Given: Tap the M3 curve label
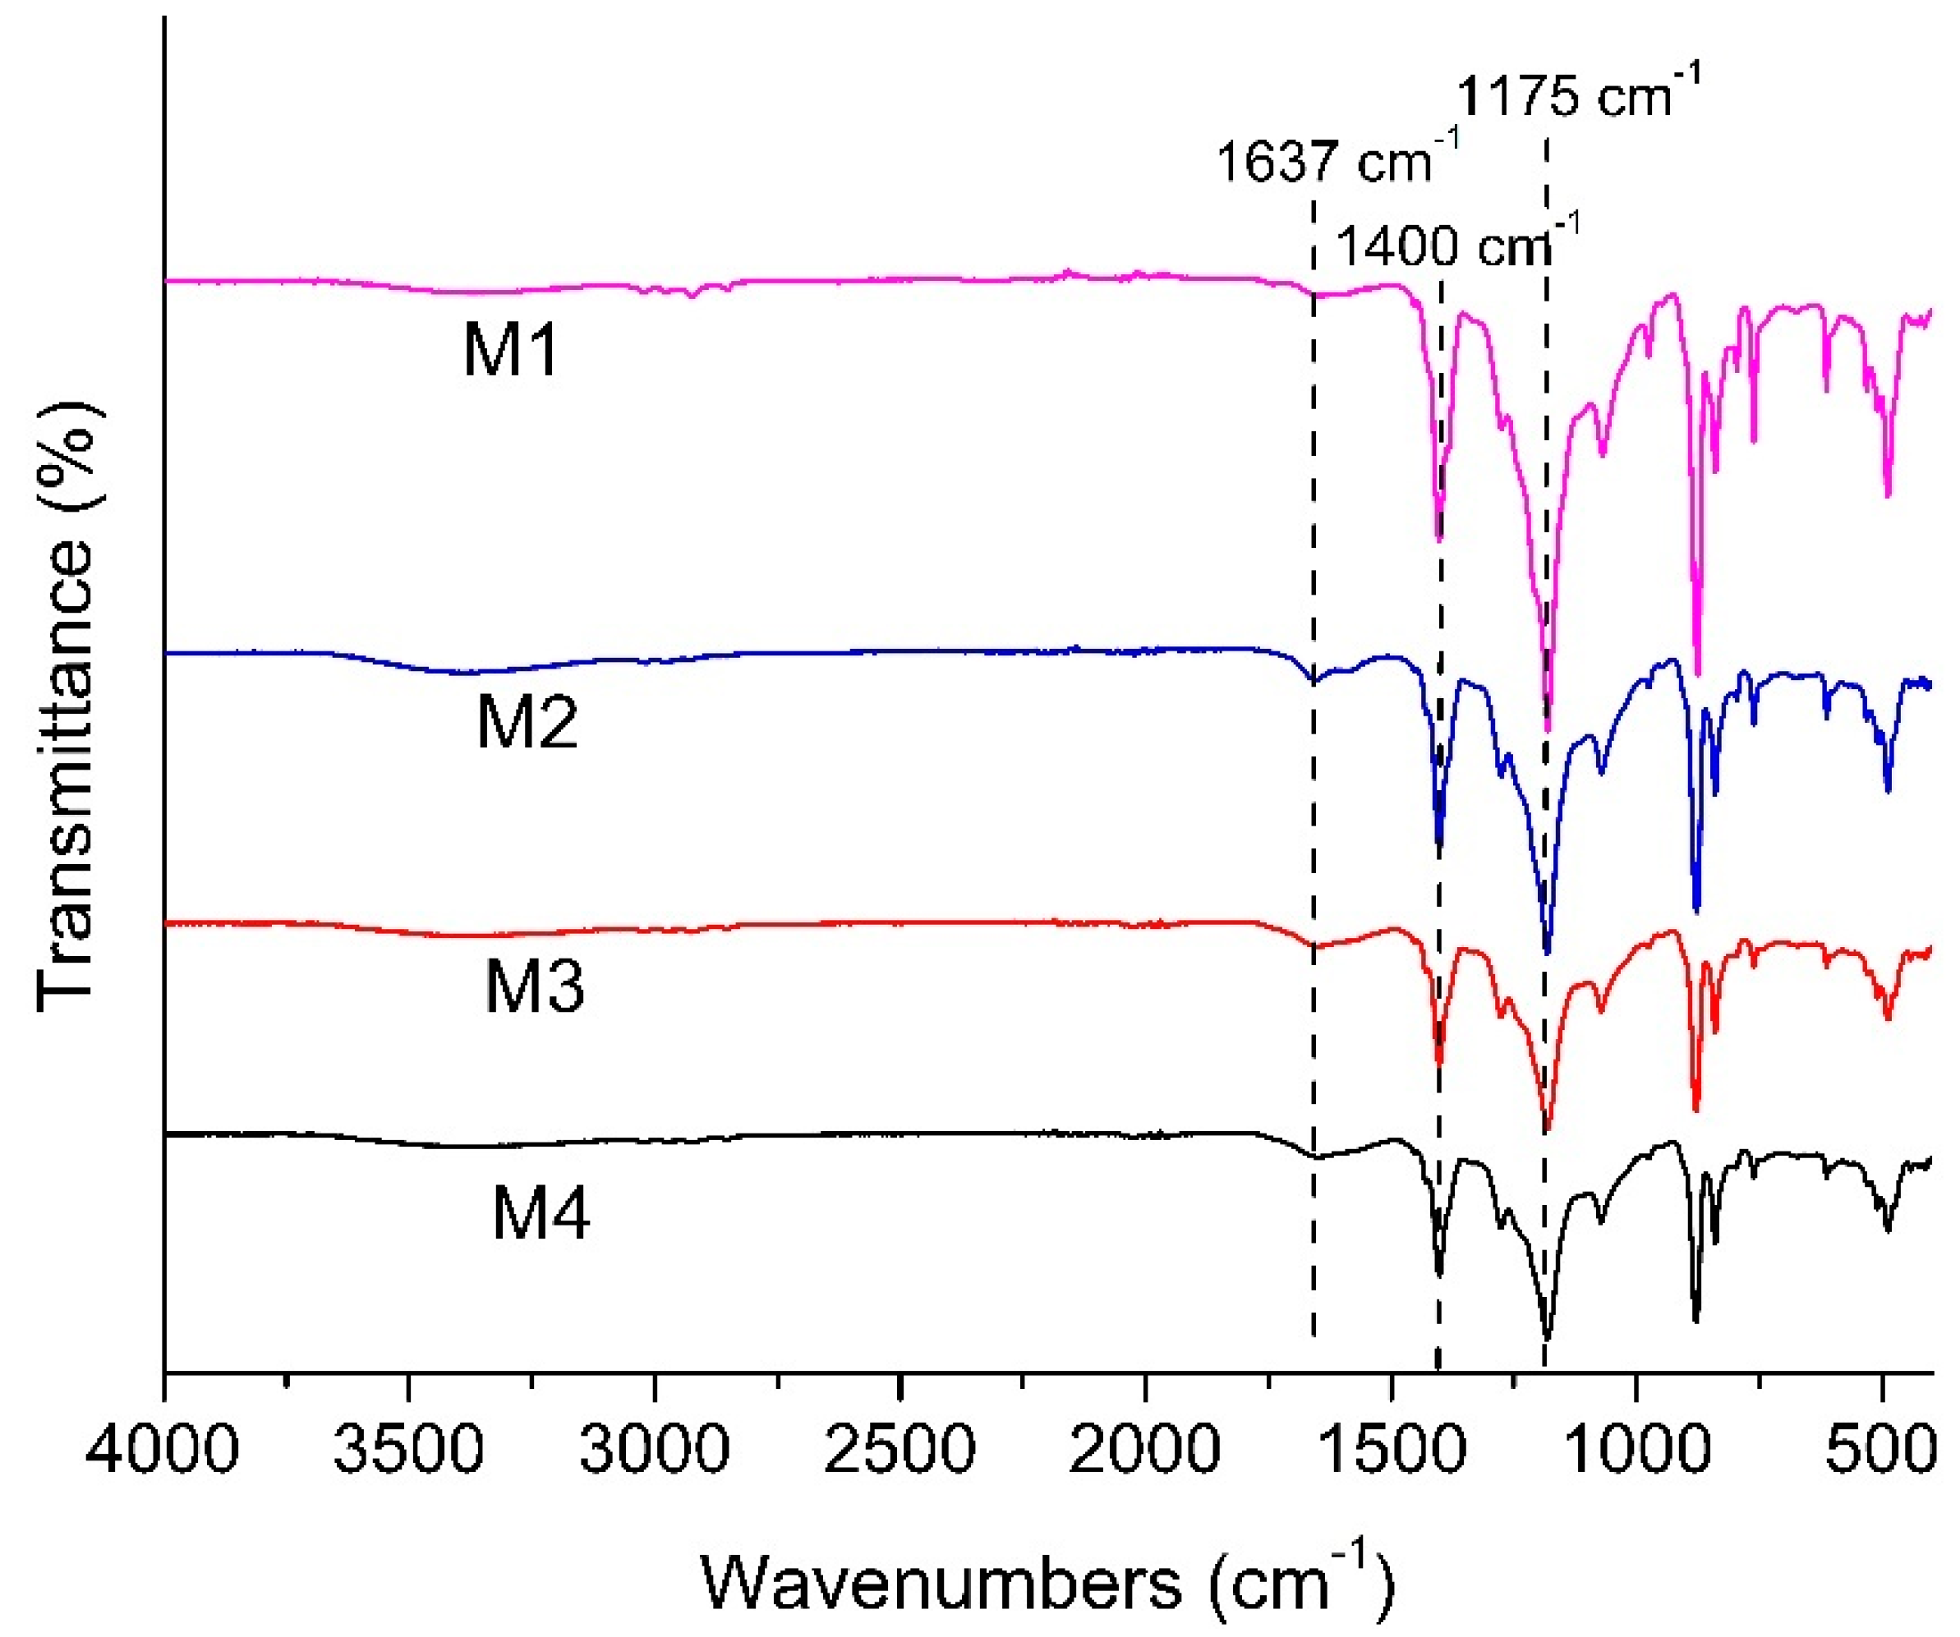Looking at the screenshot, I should point(534,987).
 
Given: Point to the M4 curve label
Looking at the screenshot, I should point(541,1214).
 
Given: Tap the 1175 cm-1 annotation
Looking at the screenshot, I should point(1578,95).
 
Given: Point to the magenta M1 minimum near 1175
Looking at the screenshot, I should point(1548,729).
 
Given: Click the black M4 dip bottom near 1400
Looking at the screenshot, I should point(1438,1274).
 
